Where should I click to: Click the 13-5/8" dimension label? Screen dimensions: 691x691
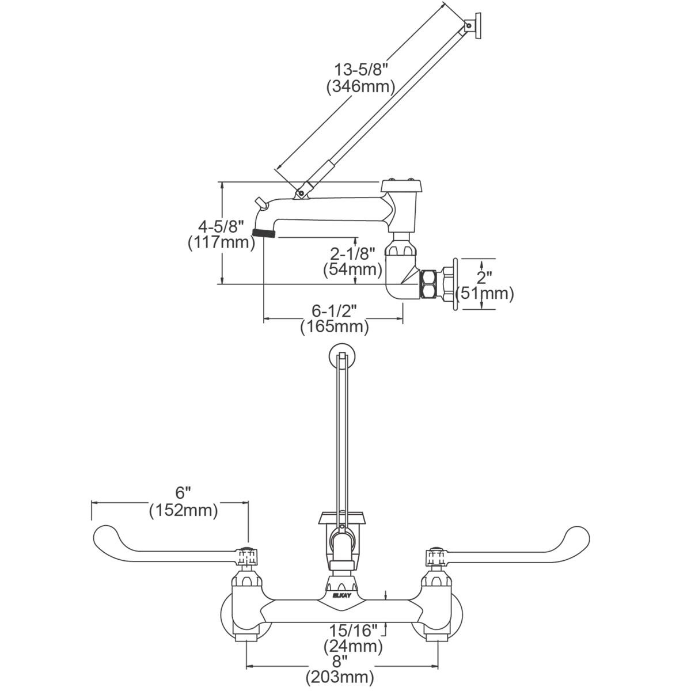(x=361, y=70)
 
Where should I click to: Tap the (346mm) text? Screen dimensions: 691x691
(x=360, y=87)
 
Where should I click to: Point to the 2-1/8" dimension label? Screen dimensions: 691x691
(x=352, y=253)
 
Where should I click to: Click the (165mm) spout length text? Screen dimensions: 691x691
(x=334, y=327)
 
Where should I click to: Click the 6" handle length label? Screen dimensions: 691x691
(x=183, y=492)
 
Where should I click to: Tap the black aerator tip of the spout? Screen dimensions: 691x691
(x=264, y=233)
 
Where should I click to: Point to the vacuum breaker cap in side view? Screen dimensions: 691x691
(x=403, y=187)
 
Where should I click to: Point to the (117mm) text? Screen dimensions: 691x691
(x=221, y=242)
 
